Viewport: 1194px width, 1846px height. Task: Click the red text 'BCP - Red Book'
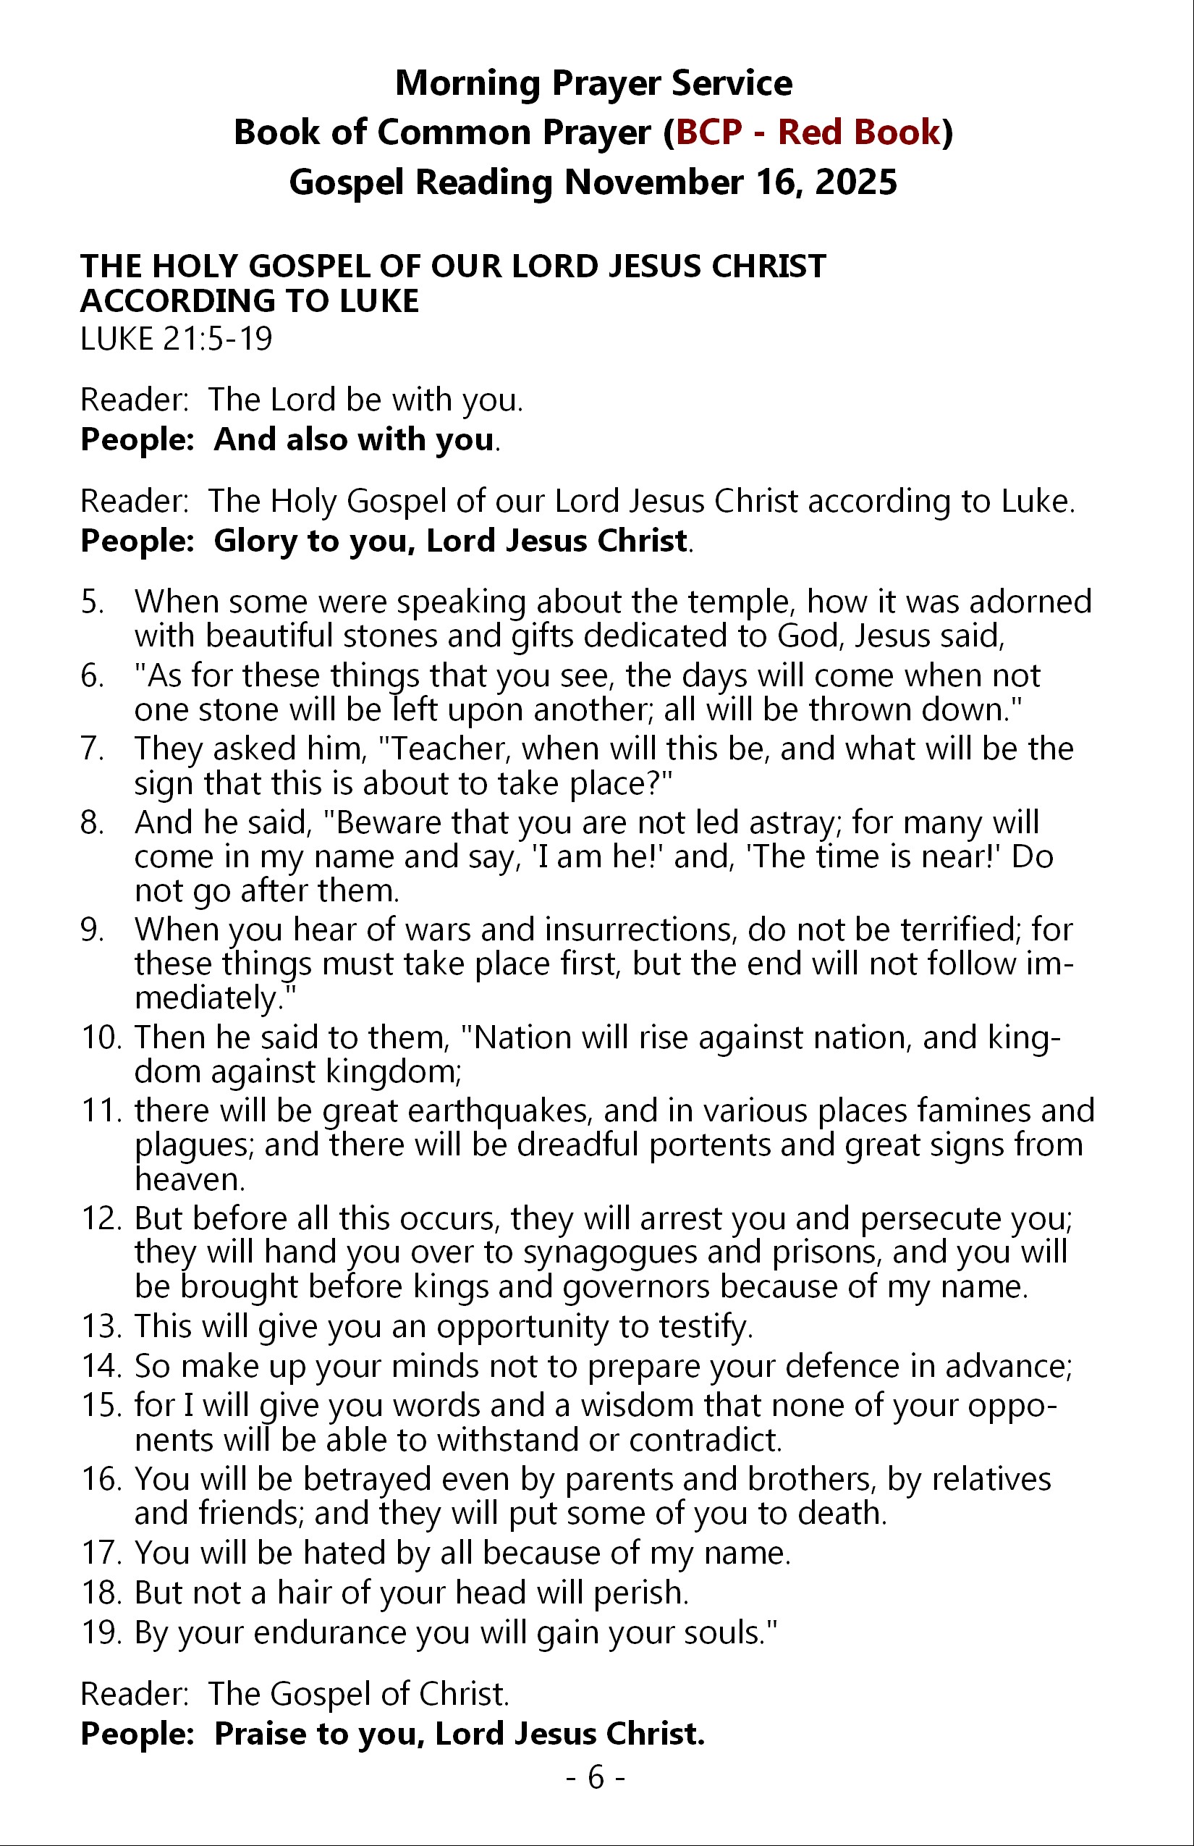pyautogui.click(x=808, y=132)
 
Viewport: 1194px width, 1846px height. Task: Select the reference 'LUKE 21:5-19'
pyautogui.click(x=176, y=339)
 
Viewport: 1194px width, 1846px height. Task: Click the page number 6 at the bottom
pyautogui.click(x=596, y=1777)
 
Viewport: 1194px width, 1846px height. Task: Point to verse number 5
pyautogui.click(x=91, y=602)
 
